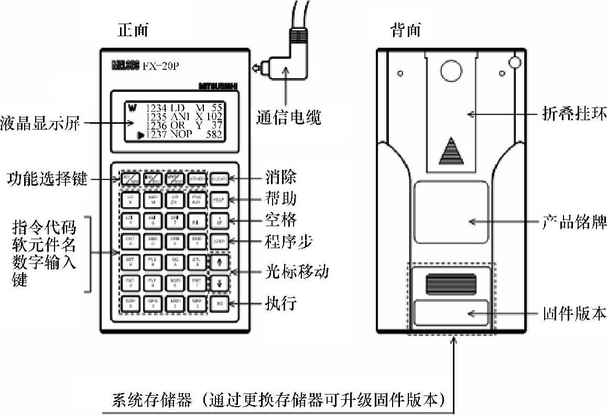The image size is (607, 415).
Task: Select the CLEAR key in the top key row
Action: coord(220,179)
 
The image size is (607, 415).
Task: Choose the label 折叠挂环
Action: coord(573,113)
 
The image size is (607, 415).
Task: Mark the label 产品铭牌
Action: coord(573,222)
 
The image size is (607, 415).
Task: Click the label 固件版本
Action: coord(573,314)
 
